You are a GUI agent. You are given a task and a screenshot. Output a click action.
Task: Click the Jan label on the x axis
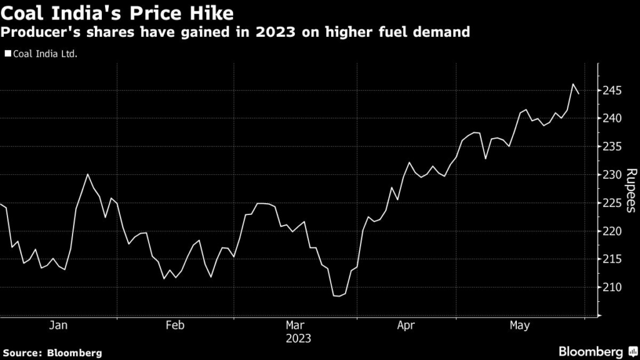pyautogui.click(x=58, y=326)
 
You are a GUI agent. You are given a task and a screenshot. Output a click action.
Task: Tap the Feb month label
pyautogui.click(x=175, y=326)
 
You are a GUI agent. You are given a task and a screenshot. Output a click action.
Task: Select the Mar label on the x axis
pyautogui.click(x=294, y=326)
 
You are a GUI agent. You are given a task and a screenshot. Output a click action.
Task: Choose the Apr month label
pyautogui.click(x=406, y=326)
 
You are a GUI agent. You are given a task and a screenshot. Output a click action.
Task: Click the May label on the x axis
pyautogui.click(x=520, y=326)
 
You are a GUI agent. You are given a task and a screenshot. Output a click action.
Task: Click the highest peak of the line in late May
pyautogui.click(x=573, y=84)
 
